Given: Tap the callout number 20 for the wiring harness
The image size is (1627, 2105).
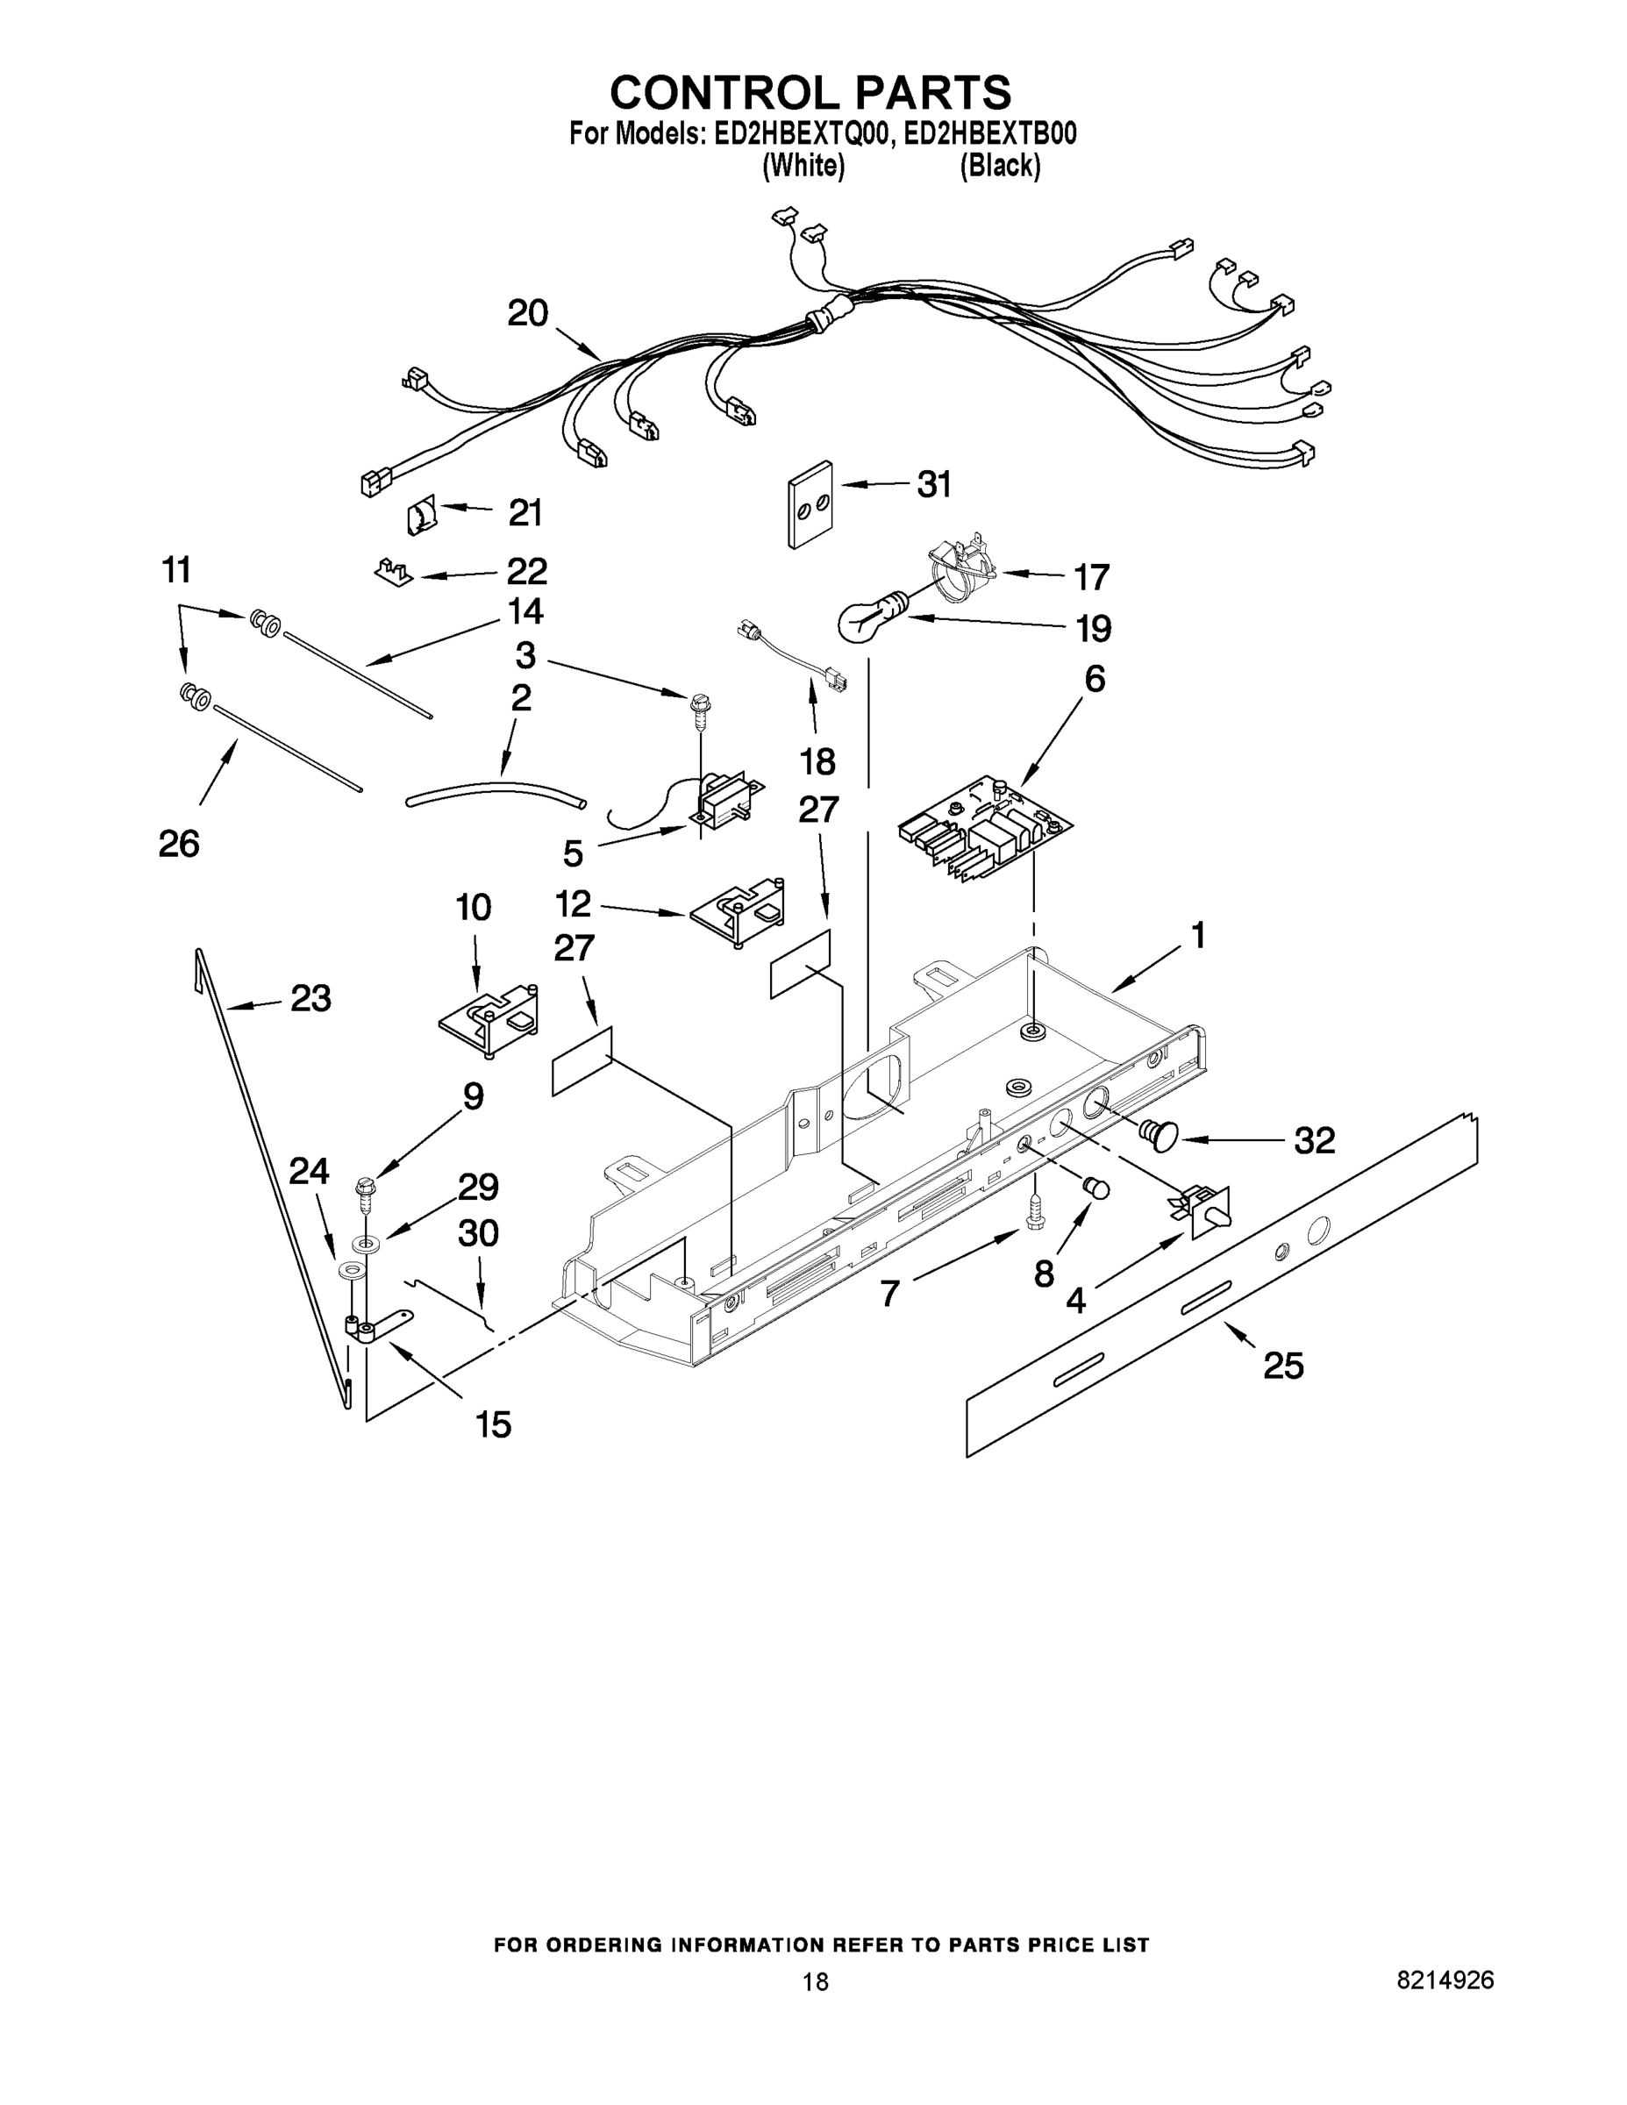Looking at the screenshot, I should click(x=527, y=313).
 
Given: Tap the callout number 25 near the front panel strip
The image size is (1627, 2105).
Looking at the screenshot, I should click(x=1283, y=1366).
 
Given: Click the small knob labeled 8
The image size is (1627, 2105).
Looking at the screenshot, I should click(x=1097, y=1188).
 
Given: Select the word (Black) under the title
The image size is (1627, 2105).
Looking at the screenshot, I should click(x=1000, y=167).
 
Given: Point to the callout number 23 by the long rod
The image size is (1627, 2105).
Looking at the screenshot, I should click(x=310, y=998).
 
